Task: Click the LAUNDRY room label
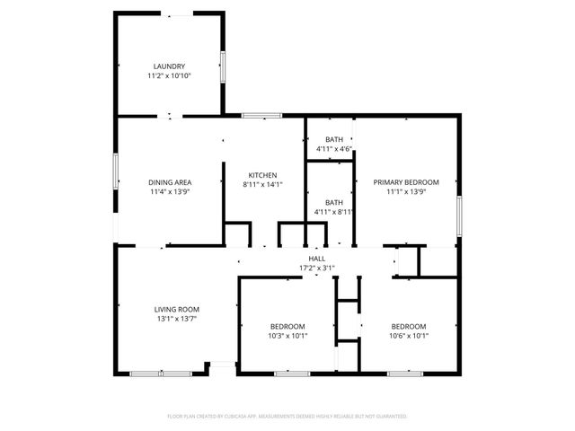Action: tap(169, 66)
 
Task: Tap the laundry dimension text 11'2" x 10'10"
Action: tap(169, 76)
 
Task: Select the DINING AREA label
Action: tap(170, 182)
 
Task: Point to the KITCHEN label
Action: tap(262, 175)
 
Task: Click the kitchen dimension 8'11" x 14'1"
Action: tap(262, 185)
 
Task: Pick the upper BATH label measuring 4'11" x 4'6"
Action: tap(334, 139)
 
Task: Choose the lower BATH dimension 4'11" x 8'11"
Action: tap(334, 213)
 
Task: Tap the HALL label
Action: tap(316, 259)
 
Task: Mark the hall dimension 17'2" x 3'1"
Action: tap(316, 268)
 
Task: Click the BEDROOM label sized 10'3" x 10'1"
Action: tap(287, 326)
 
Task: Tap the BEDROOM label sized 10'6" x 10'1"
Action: tap(409, 326)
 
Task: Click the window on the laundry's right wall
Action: tap(223, 67)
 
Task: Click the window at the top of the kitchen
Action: tap(261, 115)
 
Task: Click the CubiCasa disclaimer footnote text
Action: tap(287, 417)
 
